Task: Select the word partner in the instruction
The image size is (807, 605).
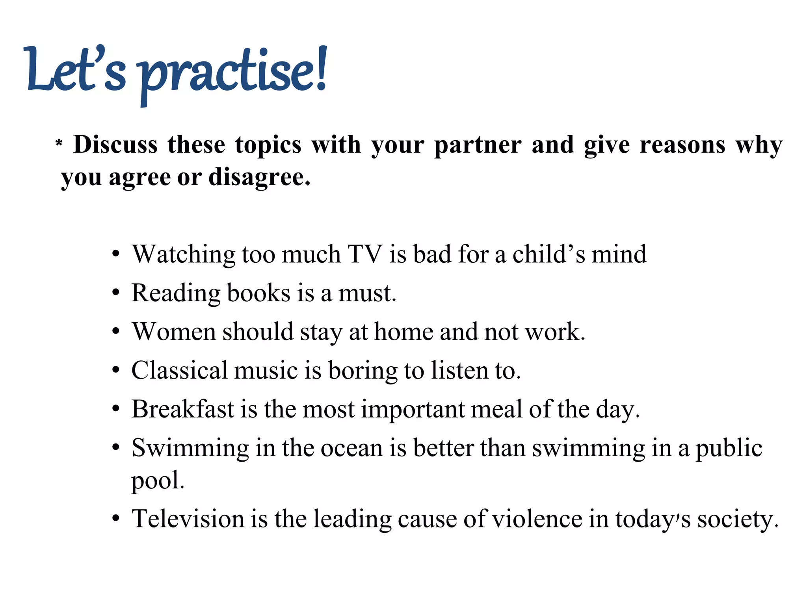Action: (x=478, y=145)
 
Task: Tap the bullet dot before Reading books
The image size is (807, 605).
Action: (x=115, y=293)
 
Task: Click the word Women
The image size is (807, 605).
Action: (x=174, y=332)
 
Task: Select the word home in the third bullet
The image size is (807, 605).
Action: (x=403, y=332)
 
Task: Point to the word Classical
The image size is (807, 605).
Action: (x=180, y=371)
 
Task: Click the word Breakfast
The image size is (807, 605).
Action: (x=183, y=409)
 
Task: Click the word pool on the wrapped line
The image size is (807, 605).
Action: (x=157, y=481)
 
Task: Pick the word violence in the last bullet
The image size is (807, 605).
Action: (x=537, y=519)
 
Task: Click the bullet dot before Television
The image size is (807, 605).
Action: (x=115, y=519)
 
